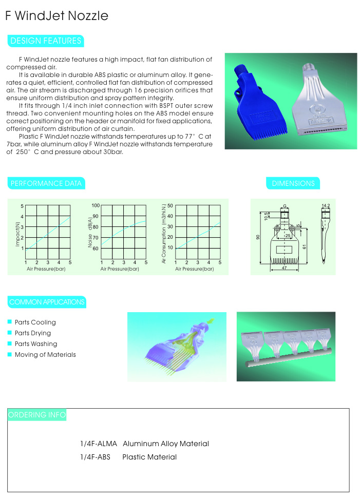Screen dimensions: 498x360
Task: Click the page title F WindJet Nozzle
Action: tap(56, 16)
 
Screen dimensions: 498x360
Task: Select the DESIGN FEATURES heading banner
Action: tap(45, 41)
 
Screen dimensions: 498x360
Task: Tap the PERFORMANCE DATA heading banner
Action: tap(46, 183)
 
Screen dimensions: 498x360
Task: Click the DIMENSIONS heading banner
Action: tap(293, 183)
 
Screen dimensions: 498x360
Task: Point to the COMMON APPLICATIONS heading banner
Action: tap(47, 302)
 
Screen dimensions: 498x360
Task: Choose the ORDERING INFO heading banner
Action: tap(37, 415)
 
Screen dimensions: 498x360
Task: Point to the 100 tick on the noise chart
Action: tap(96, 206)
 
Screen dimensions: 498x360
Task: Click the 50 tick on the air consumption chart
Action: tap(170, 206)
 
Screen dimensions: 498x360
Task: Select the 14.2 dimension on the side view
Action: tap(325, 206)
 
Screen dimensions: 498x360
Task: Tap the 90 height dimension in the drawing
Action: tap(258, 237)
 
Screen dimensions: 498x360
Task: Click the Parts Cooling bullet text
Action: tap(35, 322)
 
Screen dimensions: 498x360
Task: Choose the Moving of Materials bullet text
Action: tap(45, 355)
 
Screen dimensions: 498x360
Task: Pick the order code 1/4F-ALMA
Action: tap(99, 444)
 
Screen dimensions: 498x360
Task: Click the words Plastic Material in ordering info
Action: tap(149, 457)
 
